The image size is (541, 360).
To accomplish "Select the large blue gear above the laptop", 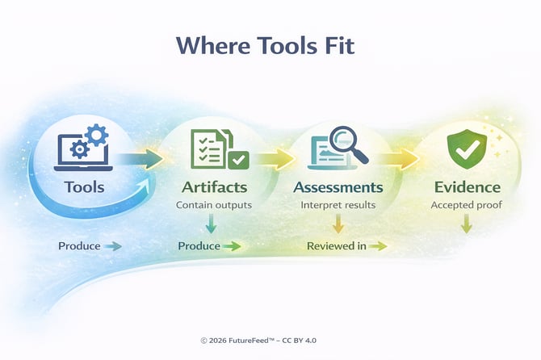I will (94, 135).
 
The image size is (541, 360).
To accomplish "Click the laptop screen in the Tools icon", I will (73, 150).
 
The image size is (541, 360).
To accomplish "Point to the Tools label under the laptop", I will (84, 187).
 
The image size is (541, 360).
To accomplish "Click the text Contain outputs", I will (214, 205).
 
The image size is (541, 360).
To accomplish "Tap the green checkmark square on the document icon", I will (238, 160).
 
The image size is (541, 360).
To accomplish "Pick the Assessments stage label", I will (338, 187).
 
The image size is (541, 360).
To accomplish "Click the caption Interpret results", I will (338, 205).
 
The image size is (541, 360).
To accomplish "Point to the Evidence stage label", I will (466, 187).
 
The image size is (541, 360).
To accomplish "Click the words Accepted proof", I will (466, 205).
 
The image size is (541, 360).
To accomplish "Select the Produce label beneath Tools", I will (78, 245).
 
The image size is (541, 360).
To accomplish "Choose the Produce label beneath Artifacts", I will (199, 245).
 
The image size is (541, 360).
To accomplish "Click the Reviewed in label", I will (335, 245).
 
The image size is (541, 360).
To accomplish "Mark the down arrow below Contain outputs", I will (210, 224).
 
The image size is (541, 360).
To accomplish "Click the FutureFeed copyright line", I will (270, 341).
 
